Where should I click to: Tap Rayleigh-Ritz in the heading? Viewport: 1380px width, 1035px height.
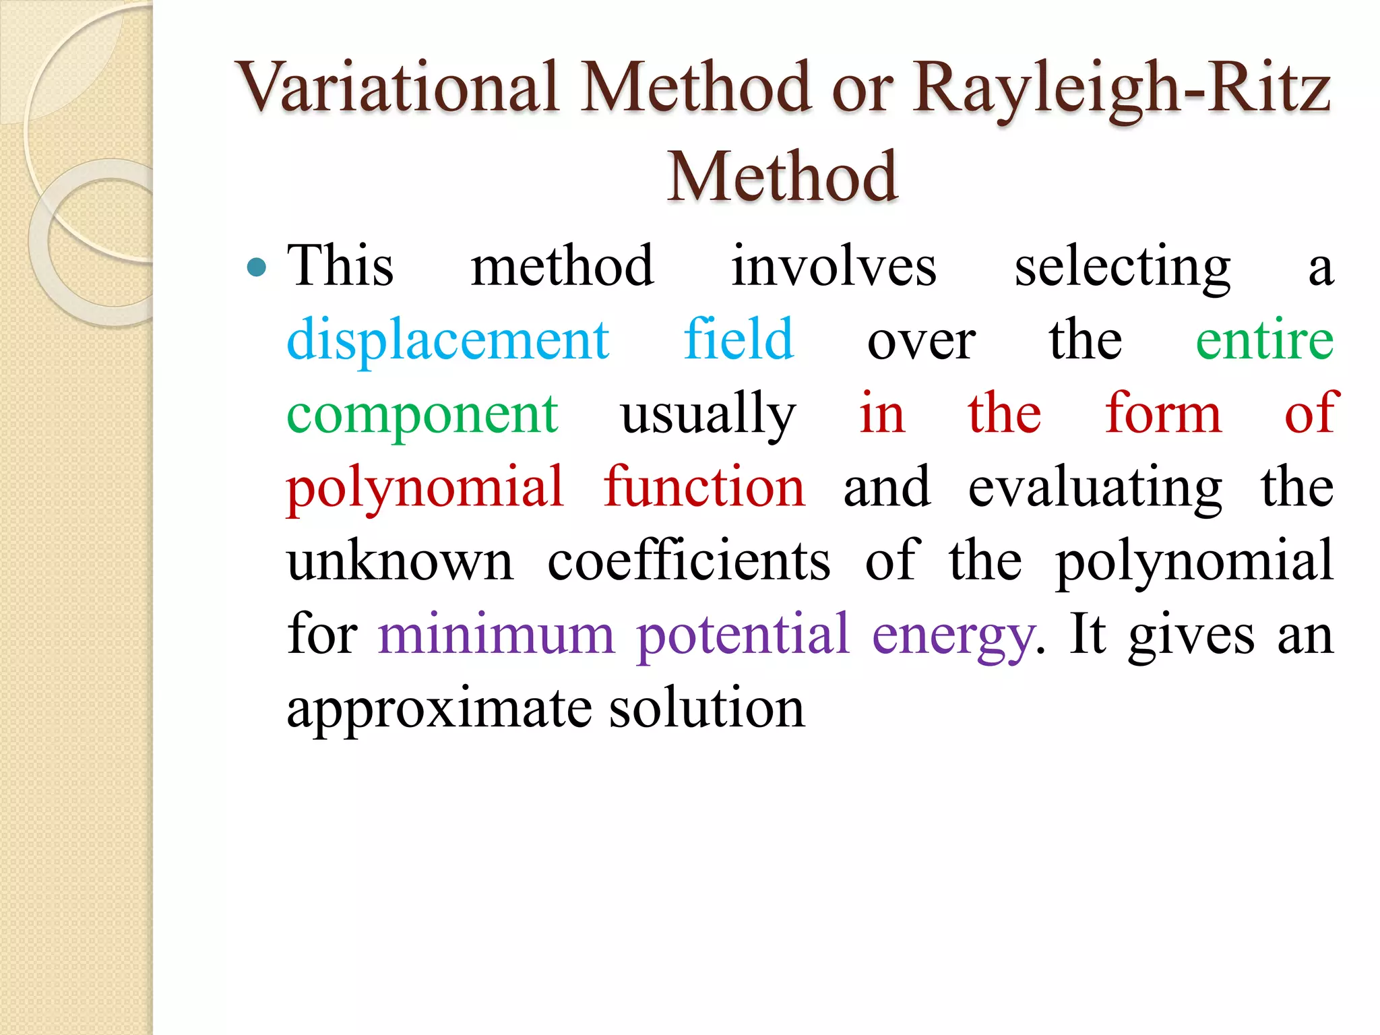click(x=1121, y=88)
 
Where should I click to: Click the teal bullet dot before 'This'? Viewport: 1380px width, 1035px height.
click(x=256, y=268)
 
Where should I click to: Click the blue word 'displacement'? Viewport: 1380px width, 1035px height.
click(x=448, y=340)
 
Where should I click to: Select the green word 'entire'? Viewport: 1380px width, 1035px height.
click(x=1264, y=340)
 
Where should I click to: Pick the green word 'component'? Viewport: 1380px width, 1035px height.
click(x=422, y=414)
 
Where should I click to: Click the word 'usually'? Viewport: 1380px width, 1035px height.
click(x=708, y=414)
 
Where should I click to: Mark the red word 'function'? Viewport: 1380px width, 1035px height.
click(x=704, y=487)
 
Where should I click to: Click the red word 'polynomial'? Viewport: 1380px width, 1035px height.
click(x=425, y=488)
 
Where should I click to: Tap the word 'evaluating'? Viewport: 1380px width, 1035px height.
click(x=1095, y=488)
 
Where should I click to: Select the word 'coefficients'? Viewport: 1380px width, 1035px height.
click(x=689, y=561)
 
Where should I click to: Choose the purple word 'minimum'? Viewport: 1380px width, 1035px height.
click(x=497, y=634)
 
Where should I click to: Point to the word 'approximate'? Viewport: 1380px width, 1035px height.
click(x=440, y=710)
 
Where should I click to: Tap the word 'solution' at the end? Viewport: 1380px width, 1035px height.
click(x=707, y=708)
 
